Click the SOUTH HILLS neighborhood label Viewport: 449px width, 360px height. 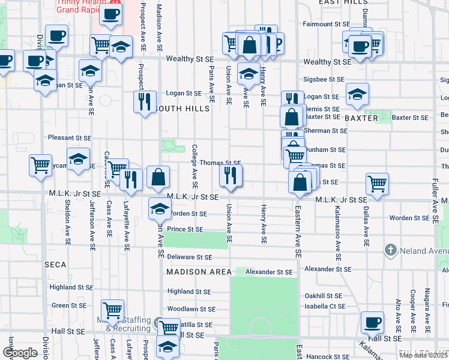pos(182,109)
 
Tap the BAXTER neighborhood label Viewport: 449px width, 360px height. pos(361,118)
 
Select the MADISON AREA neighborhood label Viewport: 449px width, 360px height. pos(199,272)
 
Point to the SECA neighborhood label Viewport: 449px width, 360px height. pos(55,264)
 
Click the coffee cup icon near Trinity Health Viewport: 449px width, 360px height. pos(110,14)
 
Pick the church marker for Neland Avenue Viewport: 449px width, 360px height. pos(391,249)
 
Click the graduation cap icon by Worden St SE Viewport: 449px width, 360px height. pos(159,209)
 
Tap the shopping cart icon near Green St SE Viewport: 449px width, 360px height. pos(112,310)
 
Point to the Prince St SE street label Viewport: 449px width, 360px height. pos(185,229)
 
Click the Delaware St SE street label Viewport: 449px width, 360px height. pos(190,257)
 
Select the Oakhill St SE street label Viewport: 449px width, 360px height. pos(323,296)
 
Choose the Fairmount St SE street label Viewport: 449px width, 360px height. pos(326,24)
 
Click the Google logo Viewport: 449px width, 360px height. pos(19,353)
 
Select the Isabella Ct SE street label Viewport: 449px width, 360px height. pos(325,306)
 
